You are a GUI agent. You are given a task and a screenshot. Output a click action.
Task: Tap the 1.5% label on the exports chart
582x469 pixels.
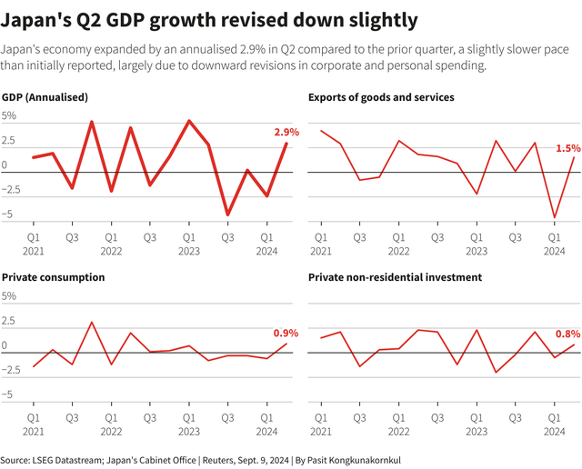[568, 147]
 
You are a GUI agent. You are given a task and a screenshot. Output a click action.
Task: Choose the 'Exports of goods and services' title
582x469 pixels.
[381, 96]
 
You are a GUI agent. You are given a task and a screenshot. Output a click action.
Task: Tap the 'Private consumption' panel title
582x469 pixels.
[54, 276]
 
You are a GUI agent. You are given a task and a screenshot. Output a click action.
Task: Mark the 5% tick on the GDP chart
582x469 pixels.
[9, 116]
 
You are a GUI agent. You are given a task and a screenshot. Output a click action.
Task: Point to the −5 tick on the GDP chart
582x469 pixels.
[9, 215]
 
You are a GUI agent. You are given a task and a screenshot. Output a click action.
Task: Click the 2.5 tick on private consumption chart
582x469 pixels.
[9, 321]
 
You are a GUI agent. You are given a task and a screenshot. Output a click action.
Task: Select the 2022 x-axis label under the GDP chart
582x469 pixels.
[111, 250]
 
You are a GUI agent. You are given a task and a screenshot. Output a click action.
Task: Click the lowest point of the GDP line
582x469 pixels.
[228, 215]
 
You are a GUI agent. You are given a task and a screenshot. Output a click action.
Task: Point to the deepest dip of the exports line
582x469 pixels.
[555, 218]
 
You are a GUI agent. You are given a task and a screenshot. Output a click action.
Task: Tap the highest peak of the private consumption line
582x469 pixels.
[91, 322]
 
